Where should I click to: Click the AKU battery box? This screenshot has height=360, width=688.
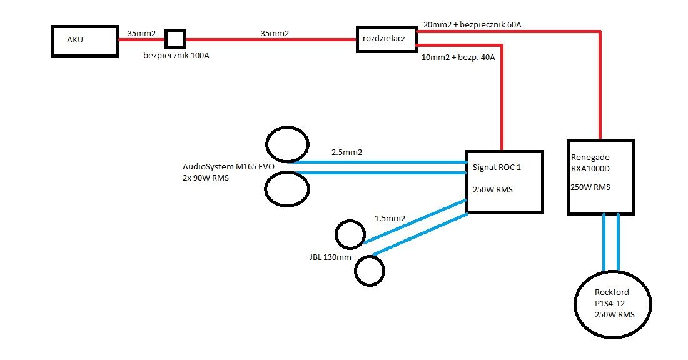(85, 41)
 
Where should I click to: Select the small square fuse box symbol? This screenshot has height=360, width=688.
(175, 39)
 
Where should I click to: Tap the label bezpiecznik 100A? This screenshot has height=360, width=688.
(176, 56)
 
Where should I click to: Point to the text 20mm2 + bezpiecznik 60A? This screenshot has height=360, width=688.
(472, 25)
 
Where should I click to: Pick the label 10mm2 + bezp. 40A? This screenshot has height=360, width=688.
(459, 58)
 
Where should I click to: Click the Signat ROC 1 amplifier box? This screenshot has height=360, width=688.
(504, 182)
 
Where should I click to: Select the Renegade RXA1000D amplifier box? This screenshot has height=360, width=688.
(600, 177)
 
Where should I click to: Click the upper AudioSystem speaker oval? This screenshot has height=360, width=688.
(288, 144)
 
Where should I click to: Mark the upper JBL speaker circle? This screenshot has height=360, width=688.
(350, 235)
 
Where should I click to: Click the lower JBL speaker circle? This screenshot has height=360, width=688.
(369, 271)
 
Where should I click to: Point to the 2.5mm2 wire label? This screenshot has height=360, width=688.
(347, 152)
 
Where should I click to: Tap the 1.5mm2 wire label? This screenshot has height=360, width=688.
(390, 219)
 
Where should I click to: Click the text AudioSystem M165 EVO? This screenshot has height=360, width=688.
(228, 167)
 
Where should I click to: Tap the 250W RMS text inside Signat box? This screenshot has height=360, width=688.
(493, 190)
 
